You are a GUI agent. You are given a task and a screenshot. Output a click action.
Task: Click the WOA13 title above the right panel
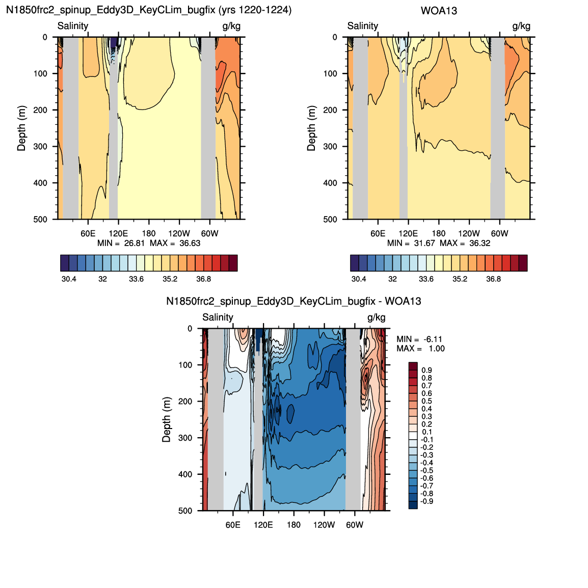(439, 11)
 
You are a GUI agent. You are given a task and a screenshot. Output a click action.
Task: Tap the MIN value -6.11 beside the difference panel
(433, 339)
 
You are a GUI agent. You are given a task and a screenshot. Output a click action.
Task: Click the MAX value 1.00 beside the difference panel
(437, 349)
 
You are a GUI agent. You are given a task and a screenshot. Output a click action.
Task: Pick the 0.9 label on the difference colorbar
(427, 370)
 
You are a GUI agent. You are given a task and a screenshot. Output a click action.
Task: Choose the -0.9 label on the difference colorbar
(427, 501)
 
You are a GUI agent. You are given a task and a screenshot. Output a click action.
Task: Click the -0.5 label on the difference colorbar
(427, 471)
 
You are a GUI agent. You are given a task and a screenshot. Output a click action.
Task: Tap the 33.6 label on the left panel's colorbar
(136, 279)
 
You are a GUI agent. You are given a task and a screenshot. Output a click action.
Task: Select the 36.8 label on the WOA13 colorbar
(494, 279)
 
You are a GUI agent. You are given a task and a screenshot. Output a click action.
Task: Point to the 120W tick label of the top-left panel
(179, 233)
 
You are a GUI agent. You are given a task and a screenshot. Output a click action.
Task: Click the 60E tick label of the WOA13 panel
(378, 233)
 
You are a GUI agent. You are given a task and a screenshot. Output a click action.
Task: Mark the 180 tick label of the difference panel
(293, 525)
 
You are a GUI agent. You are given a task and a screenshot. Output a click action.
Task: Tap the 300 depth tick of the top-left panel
(40, 147)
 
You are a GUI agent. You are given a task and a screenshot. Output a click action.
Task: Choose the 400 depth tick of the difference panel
(185, 474)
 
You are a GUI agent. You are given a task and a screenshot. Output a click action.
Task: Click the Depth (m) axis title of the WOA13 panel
(311, 128)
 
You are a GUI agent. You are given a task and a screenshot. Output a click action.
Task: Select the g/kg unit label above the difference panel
(376, 317)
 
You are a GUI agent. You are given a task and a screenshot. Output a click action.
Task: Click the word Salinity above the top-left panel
(73, 26)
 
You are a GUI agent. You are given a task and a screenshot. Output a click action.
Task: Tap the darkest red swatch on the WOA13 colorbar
(523, 263)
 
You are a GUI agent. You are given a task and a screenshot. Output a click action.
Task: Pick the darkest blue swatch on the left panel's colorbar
(65, 263)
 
